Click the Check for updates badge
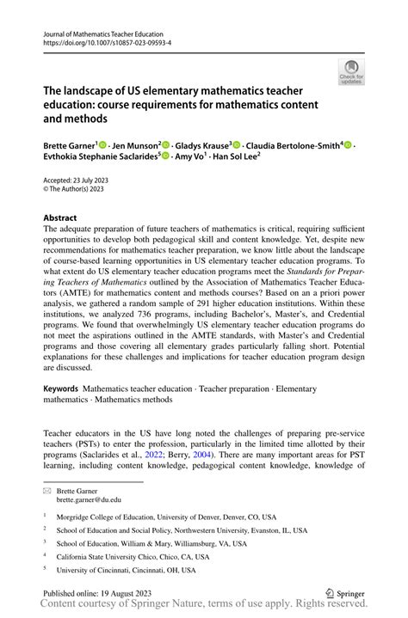click(351, 73)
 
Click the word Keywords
click(65, 389)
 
